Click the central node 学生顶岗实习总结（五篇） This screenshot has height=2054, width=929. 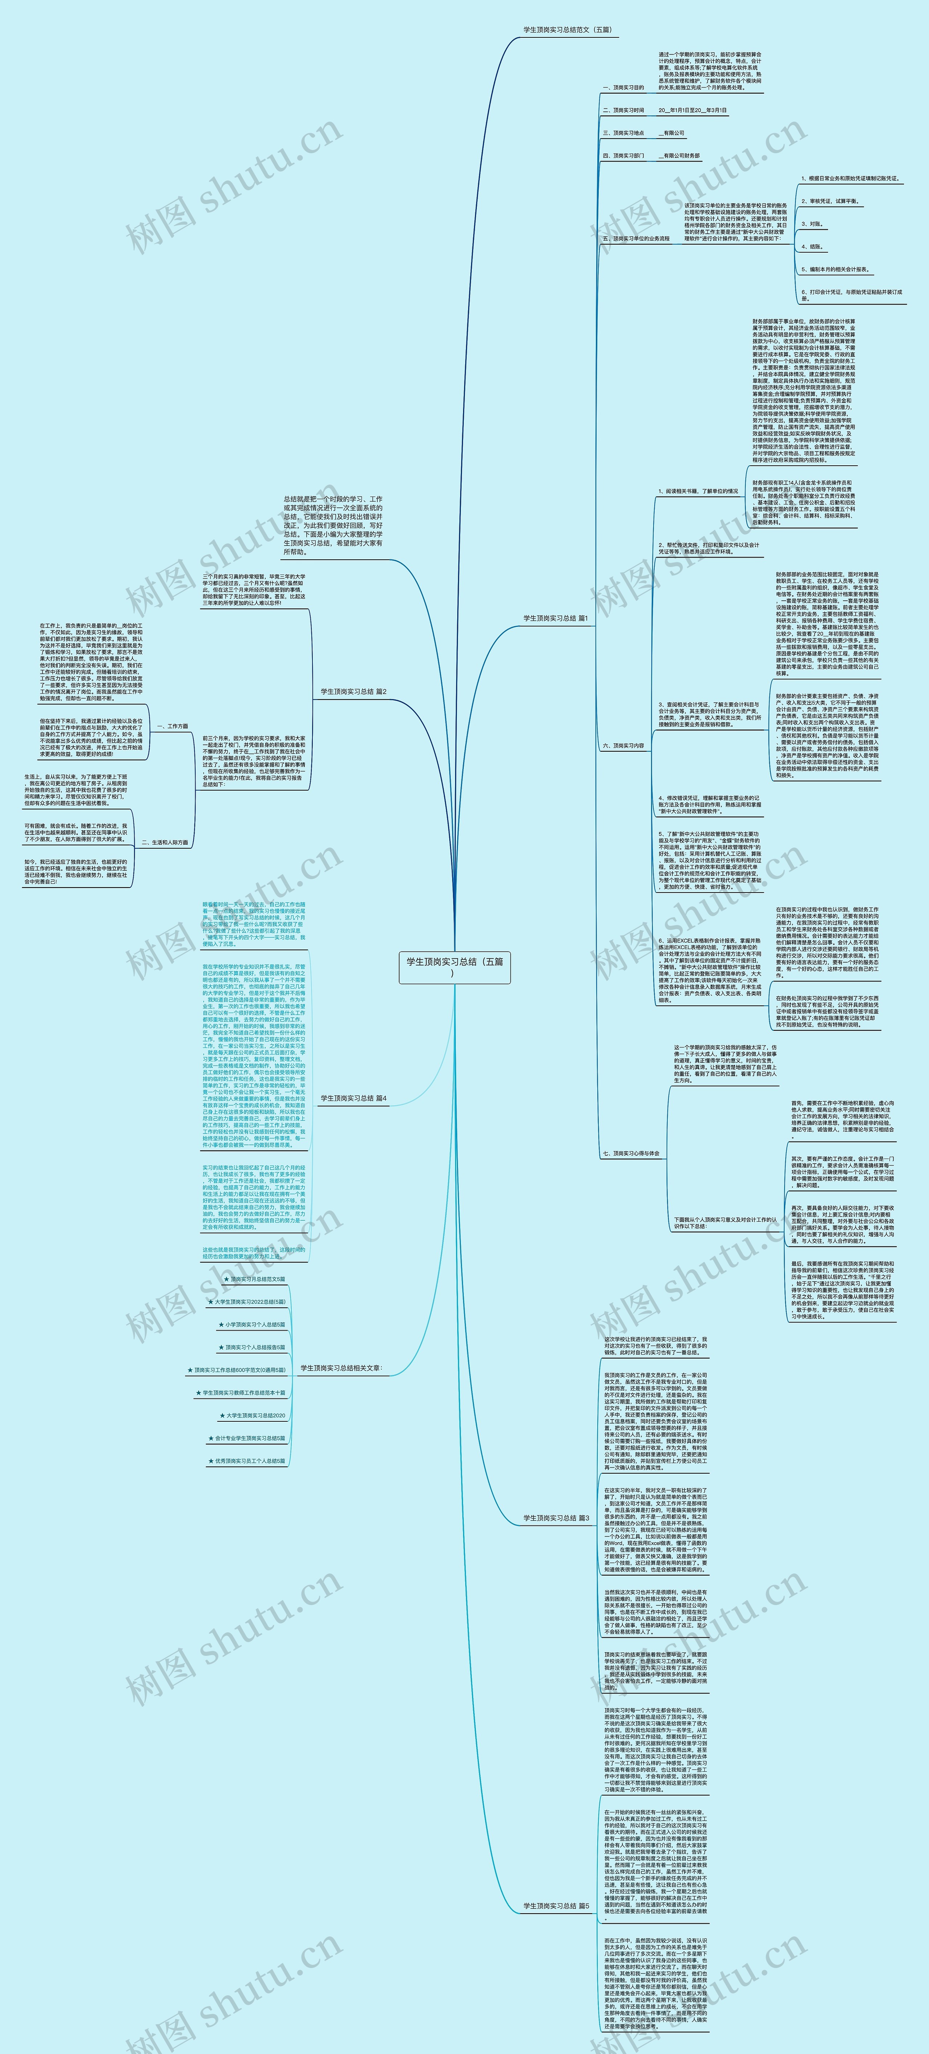point(455,967)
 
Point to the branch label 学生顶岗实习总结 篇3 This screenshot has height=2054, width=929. point(556,1518)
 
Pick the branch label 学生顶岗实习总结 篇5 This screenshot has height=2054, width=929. point(556,1906)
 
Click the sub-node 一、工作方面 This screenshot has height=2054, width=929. point(172,726)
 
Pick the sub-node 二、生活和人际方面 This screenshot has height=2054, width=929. point(164,842)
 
